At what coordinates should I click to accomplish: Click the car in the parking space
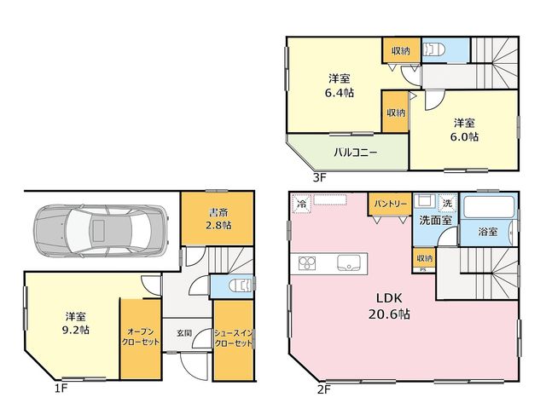click(x=101, y=231)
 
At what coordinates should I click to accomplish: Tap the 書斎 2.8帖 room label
click(x=218, y=219)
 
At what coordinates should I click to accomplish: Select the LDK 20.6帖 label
click(x=389, y=306)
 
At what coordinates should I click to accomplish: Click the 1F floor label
click(x=61, y=389)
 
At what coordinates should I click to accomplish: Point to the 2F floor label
click(x=323, y=390)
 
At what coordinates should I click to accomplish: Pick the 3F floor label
click(x=319, y=178)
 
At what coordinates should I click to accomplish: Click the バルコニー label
click(x=355, y=153)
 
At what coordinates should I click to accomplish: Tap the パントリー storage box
click(x=391, y=204)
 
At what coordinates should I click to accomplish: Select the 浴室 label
click(x=487, y=232)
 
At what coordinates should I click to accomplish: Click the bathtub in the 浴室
click(x=489, y=208)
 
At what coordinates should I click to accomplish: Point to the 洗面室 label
click(x=435, y=220)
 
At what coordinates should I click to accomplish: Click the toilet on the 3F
click(x=433, y=49)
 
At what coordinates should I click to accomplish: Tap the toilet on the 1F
click(x=241, y=285)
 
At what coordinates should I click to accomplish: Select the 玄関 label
click(x=184, y=333)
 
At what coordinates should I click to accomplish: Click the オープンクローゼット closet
click(x=141, y=339)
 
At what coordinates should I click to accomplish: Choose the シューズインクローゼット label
click(x=233, y=338)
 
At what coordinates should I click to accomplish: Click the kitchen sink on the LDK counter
click(x=349, y=262)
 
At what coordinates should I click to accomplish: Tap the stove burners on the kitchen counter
click(x=307, y=263)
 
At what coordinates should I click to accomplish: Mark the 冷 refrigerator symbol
click(x=301, y=204)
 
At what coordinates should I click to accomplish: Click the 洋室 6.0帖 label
click(x=464, y=130)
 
